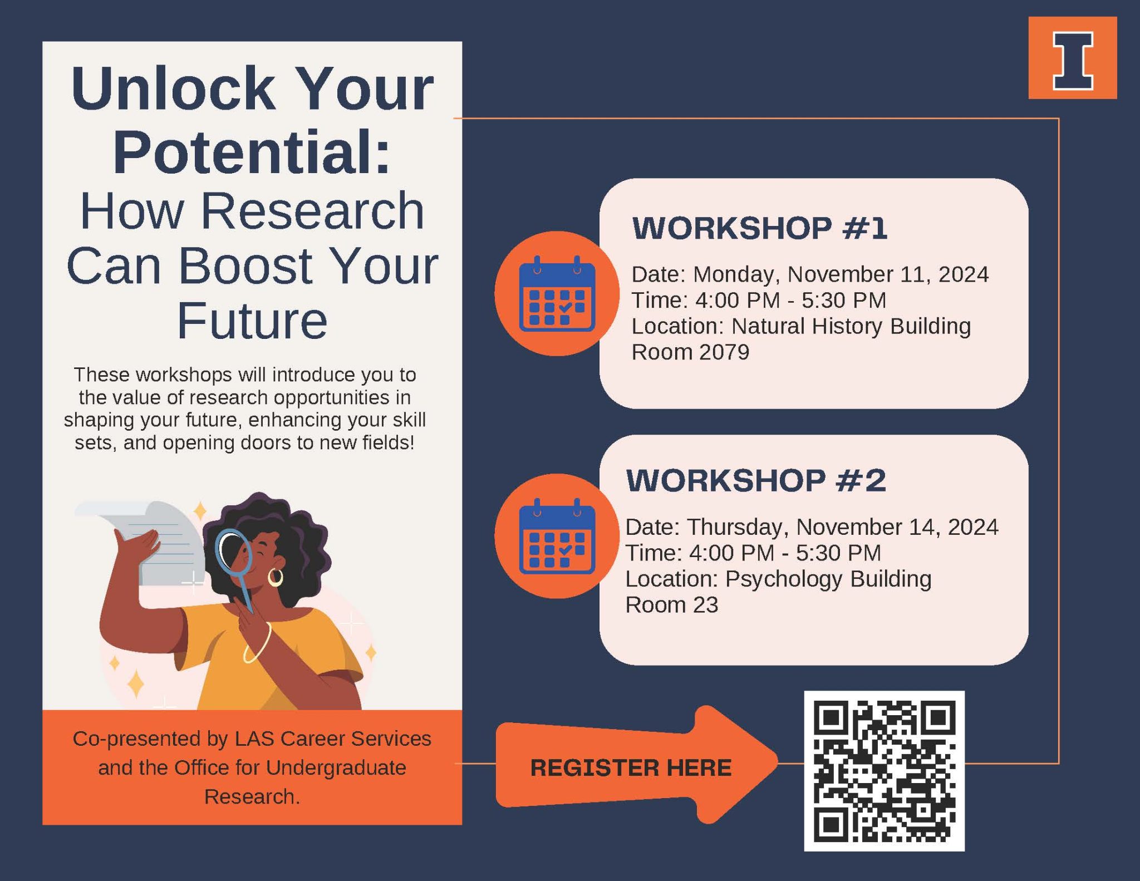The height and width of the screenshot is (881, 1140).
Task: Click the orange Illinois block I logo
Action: (x=1073, y=58)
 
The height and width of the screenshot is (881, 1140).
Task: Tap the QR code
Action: (x=885, y=771)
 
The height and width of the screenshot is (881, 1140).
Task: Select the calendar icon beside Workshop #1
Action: (x=557, y=294)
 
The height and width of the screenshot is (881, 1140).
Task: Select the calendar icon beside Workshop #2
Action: (x=557, y=537)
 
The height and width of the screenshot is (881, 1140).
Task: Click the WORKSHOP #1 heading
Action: (x=760, y=228)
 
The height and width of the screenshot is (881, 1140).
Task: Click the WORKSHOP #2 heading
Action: (x=756, y=480)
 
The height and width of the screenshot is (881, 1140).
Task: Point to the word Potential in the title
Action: (x=252, y=151)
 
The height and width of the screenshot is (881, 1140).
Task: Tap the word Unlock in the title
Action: (x=173, y=88)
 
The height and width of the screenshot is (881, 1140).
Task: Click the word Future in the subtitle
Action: (x=252, y=321)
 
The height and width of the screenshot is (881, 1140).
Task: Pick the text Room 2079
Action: (x=690, y=352)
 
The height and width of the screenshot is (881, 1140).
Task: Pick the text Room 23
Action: (x=672, y=604)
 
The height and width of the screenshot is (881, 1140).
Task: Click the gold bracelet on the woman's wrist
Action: (x=258, y=643)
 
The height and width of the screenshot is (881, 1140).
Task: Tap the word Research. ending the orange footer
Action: (x=252, y=796)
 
